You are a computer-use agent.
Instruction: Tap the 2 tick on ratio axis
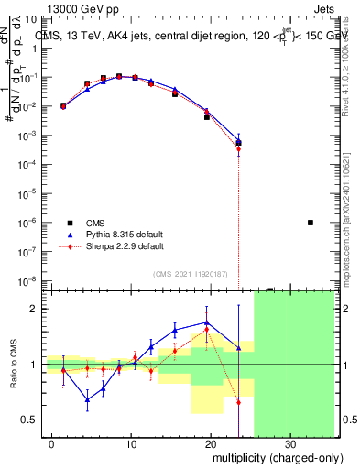click(35, 309)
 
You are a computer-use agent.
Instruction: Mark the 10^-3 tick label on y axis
click(28, 136)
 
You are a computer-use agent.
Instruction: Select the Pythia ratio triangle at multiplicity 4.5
click(87, 399)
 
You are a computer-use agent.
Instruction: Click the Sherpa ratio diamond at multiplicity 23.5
click(238, 402)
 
